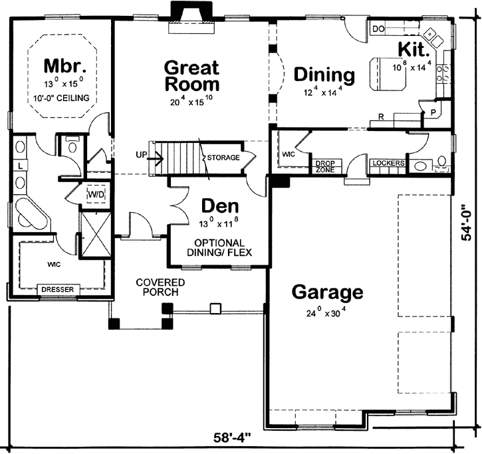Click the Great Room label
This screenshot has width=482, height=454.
191,76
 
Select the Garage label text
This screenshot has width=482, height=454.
328,292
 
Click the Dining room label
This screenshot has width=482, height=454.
324,74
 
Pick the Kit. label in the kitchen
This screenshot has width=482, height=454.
413,50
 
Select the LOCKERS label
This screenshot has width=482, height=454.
386,163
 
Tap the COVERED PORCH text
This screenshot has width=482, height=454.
160,288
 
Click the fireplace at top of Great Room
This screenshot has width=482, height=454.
191,15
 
